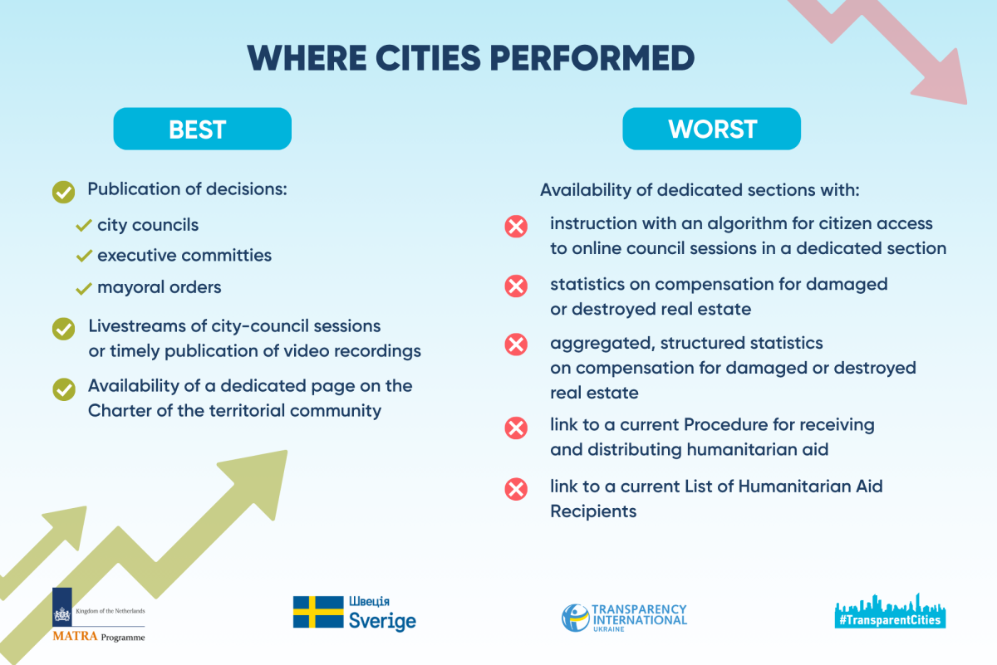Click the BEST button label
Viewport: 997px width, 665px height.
pyautogui.click(x=197, y=130)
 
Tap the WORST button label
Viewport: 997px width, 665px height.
pyautogui.click(x=712, y=129)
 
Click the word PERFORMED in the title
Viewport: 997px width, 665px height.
pyautogui.click(x=592, y=58)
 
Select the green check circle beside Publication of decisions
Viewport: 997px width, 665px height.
pyautogui.click(x=64, y=192)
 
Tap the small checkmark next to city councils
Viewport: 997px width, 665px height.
pyautogui.click(x=84, y=225)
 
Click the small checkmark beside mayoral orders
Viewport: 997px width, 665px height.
pyautogui.click(x=84, y=288)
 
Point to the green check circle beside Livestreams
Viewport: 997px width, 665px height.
pyautogui.click(x=64, y=329)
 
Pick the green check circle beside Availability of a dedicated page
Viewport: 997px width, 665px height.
pyautogui.click(x=64, y=389)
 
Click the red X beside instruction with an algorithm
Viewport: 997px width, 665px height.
pyautogui.click(x=516, y=227)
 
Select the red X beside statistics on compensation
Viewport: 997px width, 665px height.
pyautogui.click(x=516, y=286)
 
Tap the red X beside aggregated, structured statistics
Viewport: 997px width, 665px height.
pyautogui.click(x=516, y=345)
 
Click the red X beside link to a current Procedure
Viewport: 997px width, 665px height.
pyautogui.click(x=516, y=428)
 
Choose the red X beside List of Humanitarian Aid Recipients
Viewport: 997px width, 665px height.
pyautogui.click(x=516, y=489)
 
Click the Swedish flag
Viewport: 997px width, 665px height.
pyautogui.click(x=318, y=612)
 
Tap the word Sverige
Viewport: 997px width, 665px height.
pyautogui.click(x=382, y=621)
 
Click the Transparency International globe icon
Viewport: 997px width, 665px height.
pyautogui.click(x=575, y=618)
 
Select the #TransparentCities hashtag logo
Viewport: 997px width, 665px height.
pyautogui.click(x=890, y=612)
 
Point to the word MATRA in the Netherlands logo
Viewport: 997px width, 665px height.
pyautogui.click(x=75, y=636)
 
